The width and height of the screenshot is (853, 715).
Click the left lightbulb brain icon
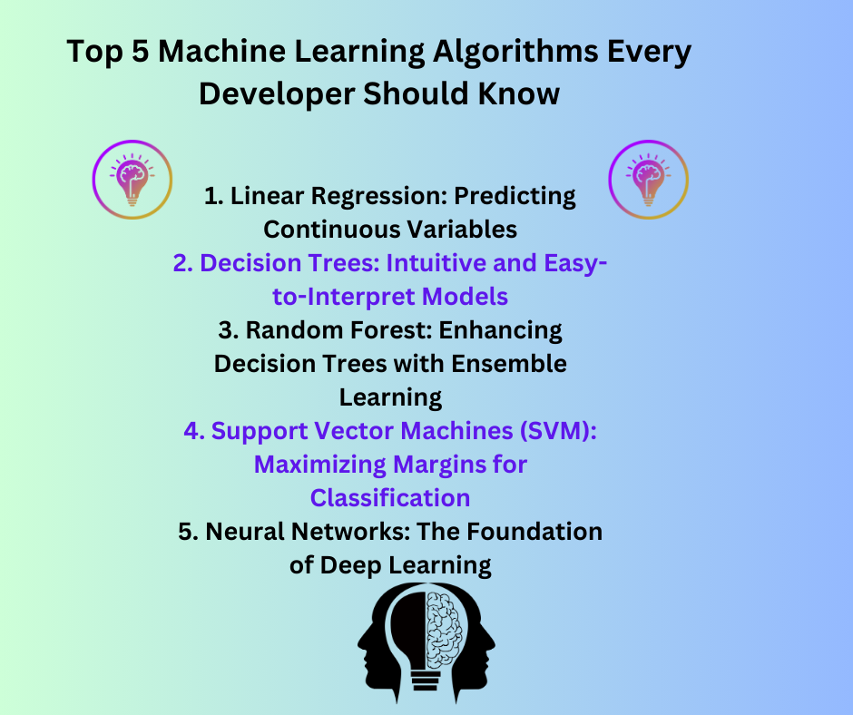(x=132, y=179)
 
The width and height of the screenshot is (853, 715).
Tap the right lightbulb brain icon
(x=648, y=179)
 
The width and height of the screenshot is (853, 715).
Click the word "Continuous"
(x=338, y=229)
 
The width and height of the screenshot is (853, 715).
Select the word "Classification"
(x=390, y=497)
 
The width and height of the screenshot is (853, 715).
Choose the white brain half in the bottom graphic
(x=445, y=626)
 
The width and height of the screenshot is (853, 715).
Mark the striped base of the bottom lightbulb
(x=426, y=682)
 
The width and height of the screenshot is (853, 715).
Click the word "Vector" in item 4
(x=369, y=431)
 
